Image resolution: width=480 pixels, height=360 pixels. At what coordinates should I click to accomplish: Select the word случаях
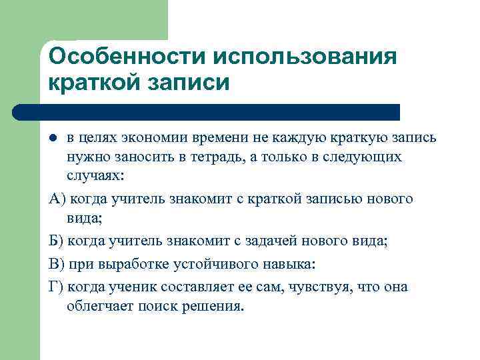pyautogui.click(x=95, y=176)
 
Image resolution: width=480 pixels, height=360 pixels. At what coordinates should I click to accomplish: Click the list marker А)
pyautogui.click(x=57, y=198)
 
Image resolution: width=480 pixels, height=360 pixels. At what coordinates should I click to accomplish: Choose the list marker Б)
pyautogui.click(x=57, y=241)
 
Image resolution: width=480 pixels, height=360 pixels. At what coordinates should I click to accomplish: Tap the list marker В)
pyautogui.click(x=57, y=263)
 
